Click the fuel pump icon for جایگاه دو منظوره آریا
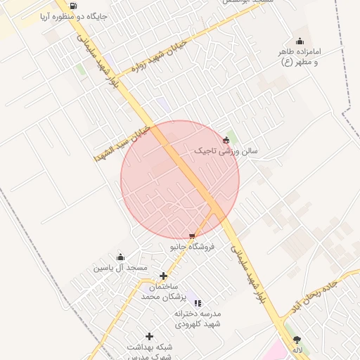tap(73, 6)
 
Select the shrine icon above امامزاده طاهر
tap(300, 41)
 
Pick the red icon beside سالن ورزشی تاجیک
tap(225, 139)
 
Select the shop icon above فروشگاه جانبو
tap(193, 236)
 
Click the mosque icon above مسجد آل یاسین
tap(120, 257)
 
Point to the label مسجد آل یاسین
tap(120, 268)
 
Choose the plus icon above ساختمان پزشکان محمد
tap(164, 276)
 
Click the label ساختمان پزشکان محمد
tap(162, 292)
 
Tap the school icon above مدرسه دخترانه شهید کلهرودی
tap(198, 302)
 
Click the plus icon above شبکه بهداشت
tap(149, 336)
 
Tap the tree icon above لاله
tap(297, 339)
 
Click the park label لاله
tap(297, 349)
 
